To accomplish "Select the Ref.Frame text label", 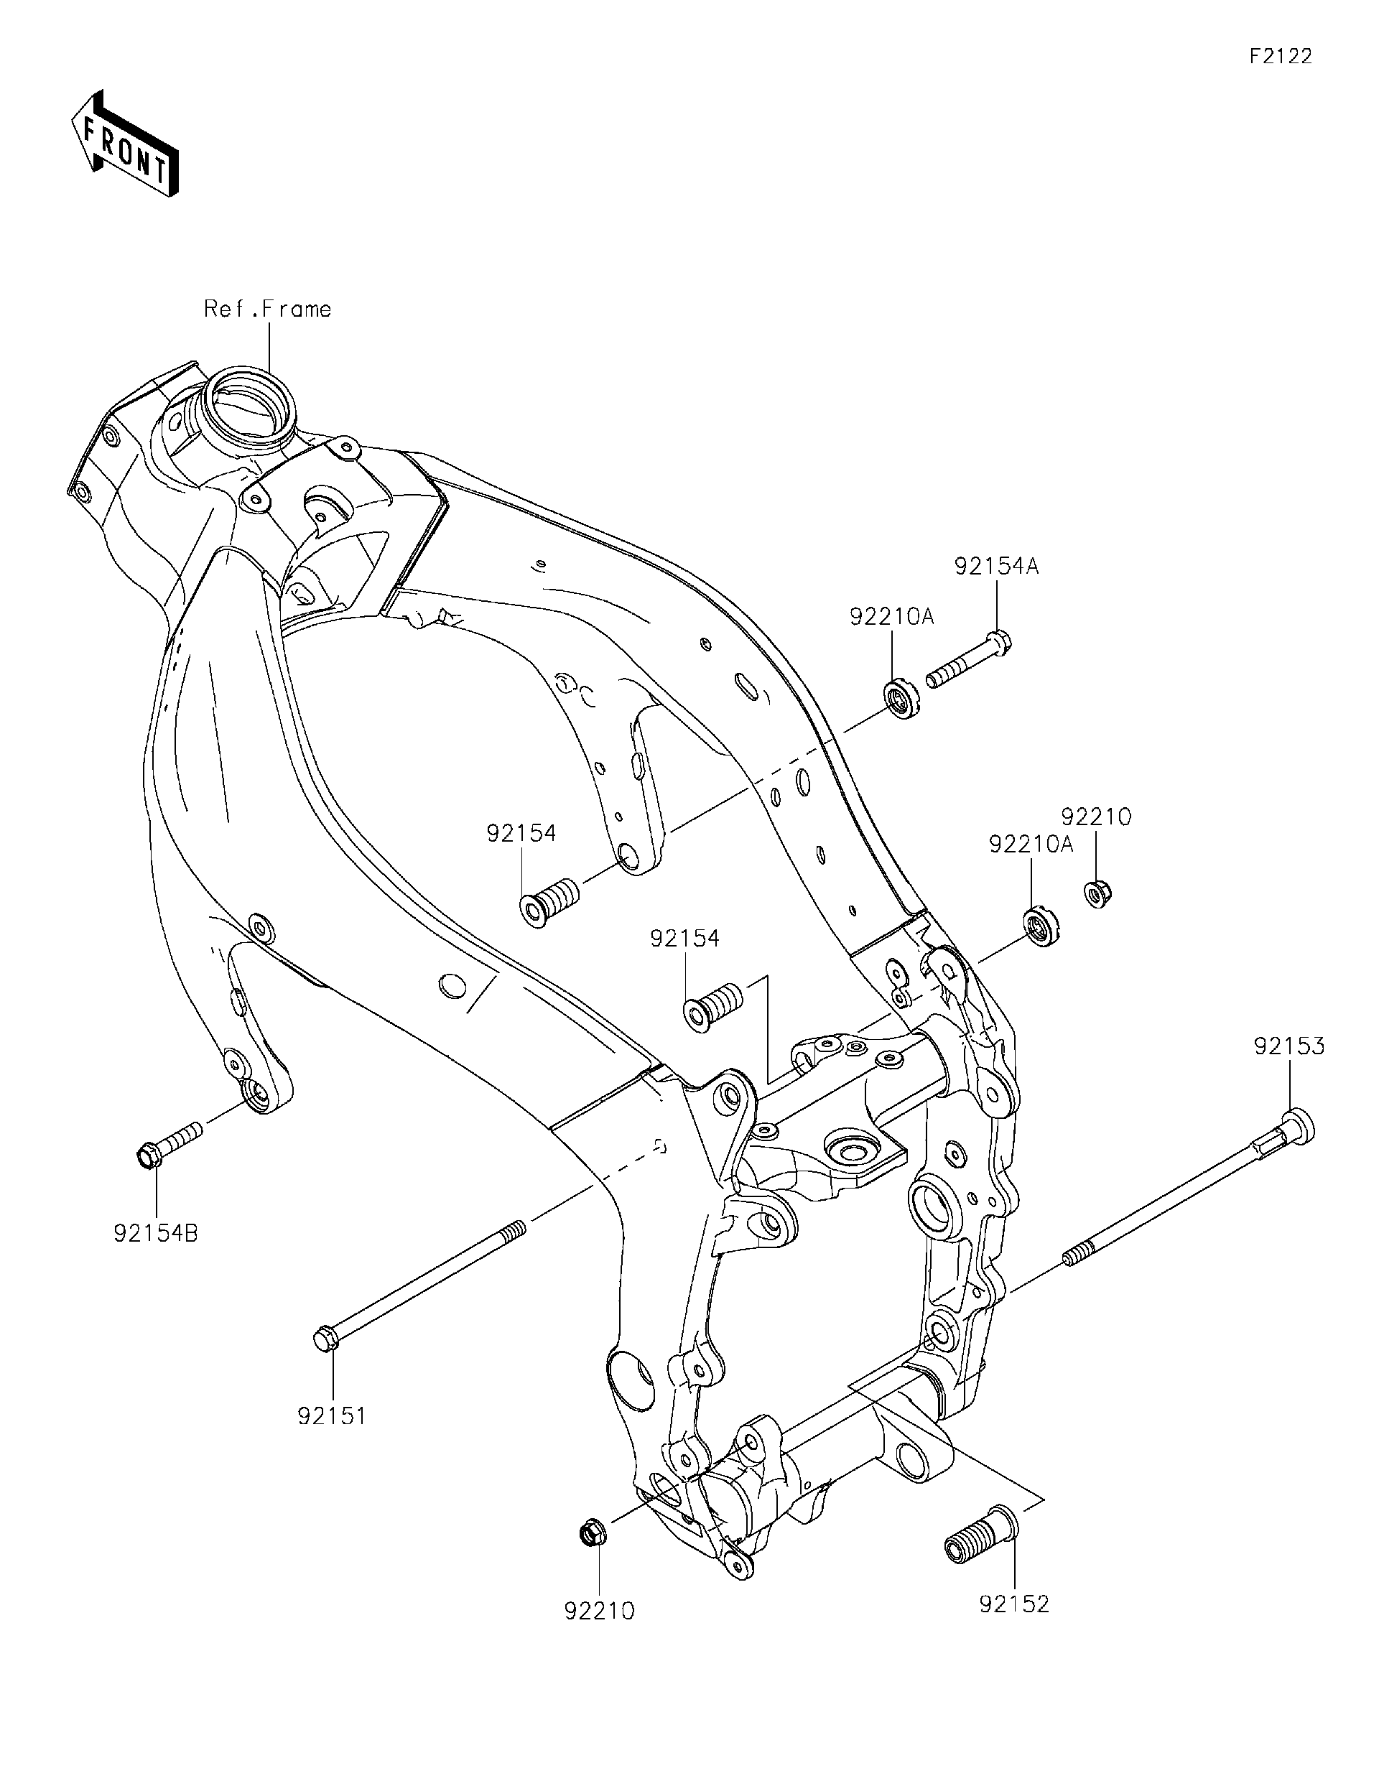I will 267,309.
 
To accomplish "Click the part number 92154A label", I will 996,567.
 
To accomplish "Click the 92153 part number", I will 1289,1047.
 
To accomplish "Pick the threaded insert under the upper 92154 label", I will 548,898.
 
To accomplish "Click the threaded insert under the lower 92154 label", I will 712,1005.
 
